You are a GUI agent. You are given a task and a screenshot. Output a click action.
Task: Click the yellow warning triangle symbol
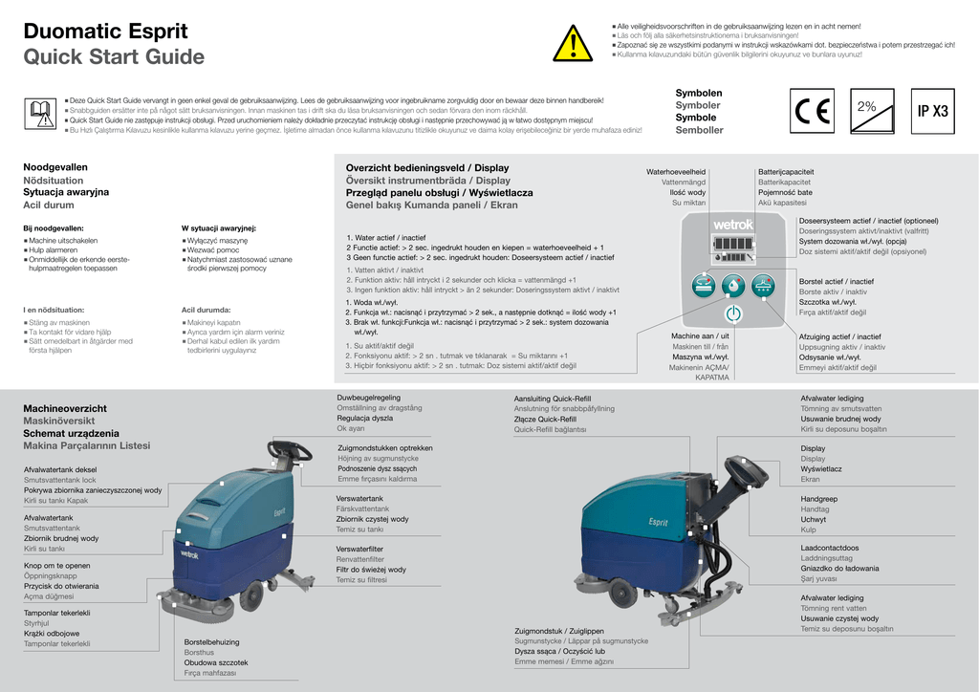coord(573,44)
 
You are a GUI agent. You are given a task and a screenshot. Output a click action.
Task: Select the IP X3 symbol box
coord(932,111)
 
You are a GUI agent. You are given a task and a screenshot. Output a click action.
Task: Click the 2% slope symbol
coord(871,110)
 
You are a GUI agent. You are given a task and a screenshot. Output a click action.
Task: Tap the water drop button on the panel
coord(732,284)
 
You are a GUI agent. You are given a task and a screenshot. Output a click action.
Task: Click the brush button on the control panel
coord(703,284)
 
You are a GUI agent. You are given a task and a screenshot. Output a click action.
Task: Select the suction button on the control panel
coord(762,284)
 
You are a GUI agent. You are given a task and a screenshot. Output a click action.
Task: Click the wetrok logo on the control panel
coord(733,226)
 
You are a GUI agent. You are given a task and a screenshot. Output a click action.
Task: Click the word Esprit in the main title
coord(153,32)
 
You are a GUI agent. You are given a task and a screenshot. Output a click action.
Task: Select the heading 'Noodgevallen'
coord(55,167)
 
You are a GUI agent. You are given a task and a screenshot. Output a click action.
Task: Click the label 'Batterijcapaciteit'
coord(787,171)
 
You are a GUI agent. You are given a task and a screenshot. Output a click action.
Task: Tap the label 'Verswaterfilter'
coord(359,549)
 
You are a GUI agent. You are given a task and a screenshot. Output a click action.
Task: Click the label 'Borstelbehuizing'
coord(211,641)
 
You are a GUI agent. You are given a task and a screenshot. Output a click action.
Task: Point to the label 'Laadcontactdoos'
coord(830,548)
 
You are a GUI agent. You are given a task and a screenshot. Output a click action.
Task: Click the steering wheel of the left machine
coord(290,448)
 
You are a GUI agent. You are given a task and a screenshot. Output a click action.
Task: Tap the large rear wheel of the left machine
coord(251,595)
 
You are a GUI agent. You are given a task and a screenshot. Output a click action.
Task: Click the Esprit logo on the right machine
coord(658,522)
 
